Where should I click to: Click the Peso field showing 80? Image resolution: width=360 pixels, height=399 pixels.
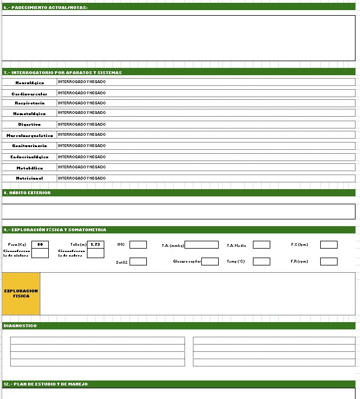pos(40,245)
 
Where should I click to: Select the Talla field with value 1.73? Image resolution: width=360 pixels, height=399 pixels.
pos(95,245)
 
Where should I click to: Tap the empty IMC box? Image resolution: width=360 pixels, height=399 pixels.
pos(138,245)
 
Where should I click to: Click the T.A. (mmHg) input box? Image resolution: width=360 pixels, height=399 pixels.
pos(201,245)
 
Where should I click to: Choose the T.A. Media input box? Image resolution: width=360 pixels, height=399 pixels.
pos(261,245)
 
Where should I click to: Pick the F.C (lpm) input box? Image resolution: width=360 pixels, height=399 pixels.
pos(329,245)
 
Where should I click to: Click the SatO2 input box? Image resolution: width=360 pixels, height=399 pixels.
pos(138,262)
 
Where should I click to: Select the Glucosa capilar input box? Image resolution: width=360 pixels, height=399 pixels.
pos(210,262)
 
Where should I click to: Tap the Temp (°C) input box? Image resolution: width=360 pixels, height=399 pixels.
pos(261,262)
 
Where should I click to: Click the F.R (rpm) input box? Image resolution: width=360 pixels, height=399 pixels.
pos(329,262)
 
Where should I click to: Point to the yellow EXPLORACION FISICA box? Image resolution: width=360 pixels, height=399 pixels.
pos(21,293)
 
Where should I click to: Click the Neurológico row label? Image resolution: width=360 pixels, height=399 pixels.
pos(29,83)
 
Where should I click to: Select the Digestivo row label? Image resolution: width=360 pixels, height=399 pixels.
pos(29,125)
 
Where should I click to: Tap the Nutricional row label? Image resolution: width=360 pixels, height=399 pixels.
pos(29,178)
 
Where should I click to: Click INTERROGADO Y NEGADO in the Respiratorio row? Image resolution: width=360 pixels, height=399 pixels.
pos(82,103)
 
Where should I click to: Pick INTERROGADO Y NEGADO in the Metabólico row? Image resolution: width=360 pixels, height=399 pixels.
pos(82,167)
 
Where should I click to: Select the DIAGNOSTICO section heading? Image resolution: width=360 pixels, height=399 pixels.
pos(20,326)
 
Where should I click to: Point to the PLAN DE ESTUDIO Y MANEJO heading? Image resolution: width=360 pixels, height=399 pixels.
pos(45,384)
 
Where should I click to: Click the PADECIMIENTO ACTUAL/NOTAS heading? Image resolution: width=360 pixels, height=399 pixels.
pos(45,7)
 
